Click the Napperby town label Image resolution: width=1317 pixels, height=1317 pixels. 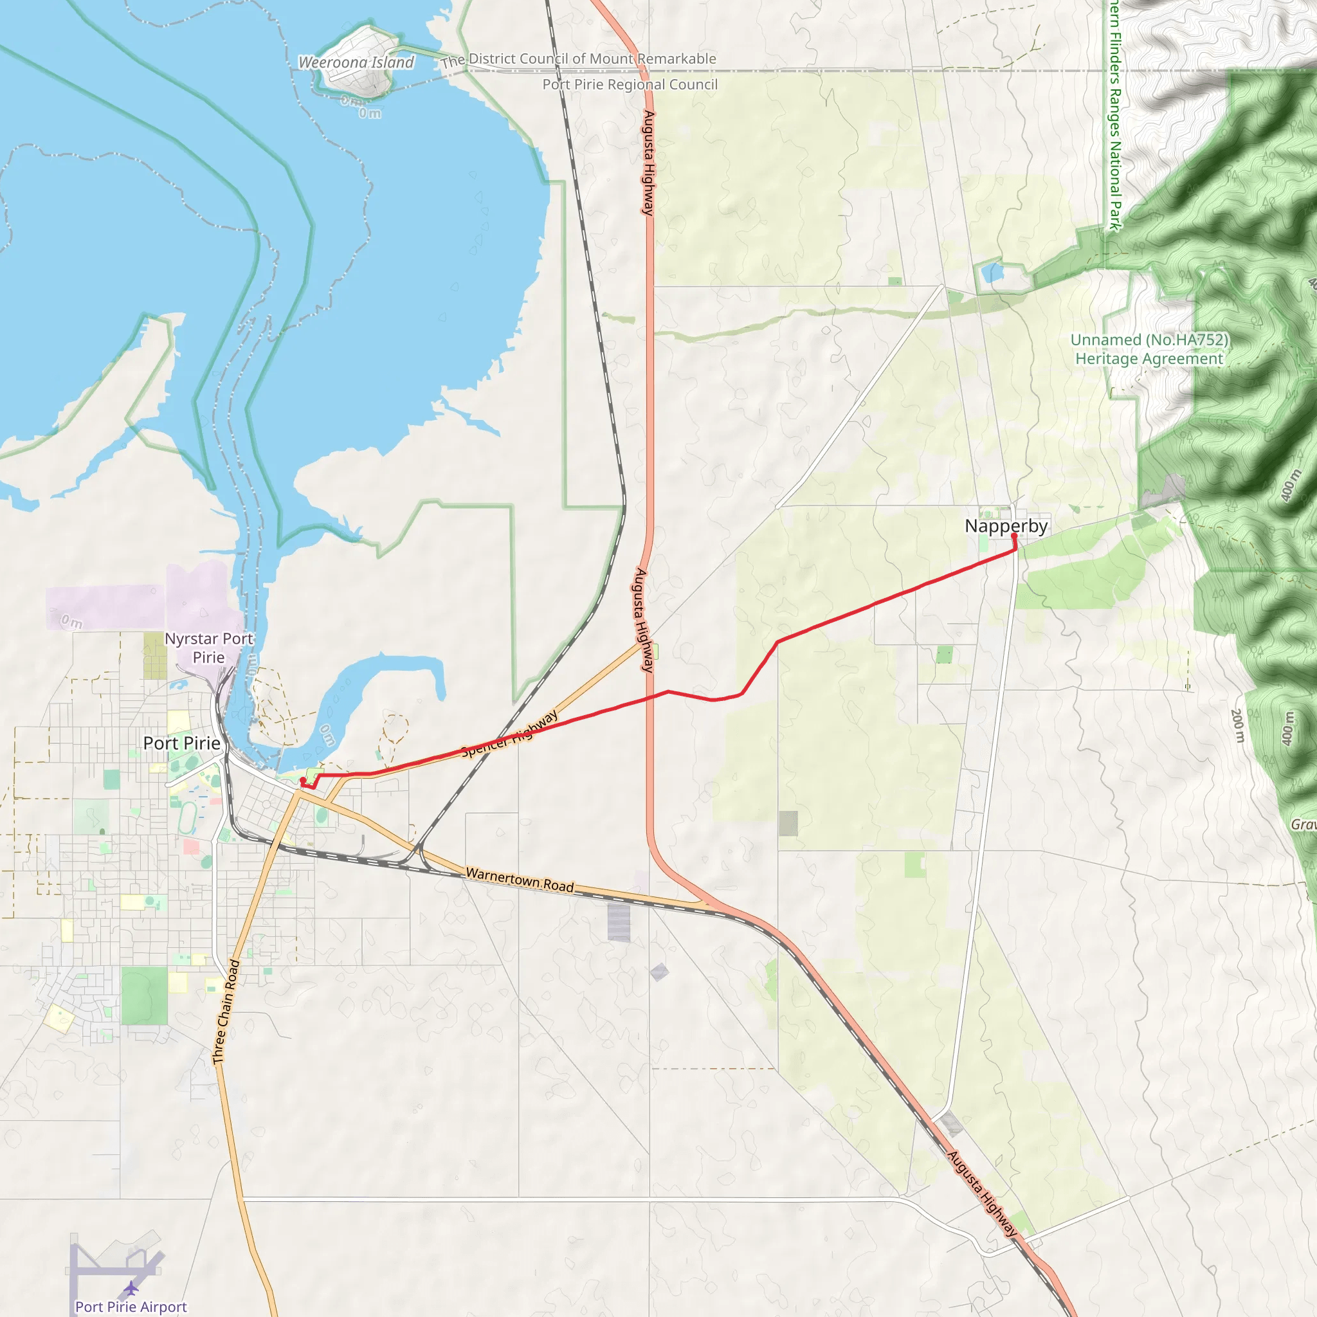(1006, 526)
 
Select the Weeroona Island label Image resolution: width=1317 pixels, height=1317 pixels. (356, 62)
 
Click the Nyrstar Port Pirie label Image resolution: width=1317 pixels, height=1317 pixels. (208, 648)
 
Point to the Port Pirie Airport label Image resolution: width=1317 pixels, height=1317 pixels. (131, 1306)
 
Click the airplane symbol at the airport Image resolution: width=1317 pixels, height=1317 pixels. (131, 1288)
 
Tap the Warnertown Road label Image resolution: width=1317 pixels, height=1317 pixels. (520, 879)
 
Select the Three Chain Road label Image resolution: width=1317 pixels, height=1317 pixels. (226, 1012)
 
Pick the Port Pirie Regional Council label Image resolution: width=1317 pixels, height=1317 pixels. (629, 84)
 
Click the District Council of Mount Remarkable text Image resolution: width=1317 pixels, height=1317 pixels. (579, 59)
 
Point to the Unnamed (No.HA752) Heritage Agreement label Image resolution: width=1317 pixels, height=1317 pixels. (1149, 349)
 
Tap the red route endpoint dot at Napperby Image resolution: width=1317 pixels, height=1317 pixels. (1013, 536)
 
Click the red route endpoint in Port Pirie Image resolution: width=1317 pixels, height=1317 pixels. (303, 781)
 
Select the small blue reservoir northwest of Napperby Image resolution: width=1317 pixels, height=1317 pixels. (992, 273)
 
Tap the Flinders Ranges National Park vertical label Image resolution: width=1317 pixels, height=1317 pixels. (1114, 116)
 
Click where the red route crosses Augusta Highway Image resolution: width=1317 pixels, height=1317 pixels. (649, 696)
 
